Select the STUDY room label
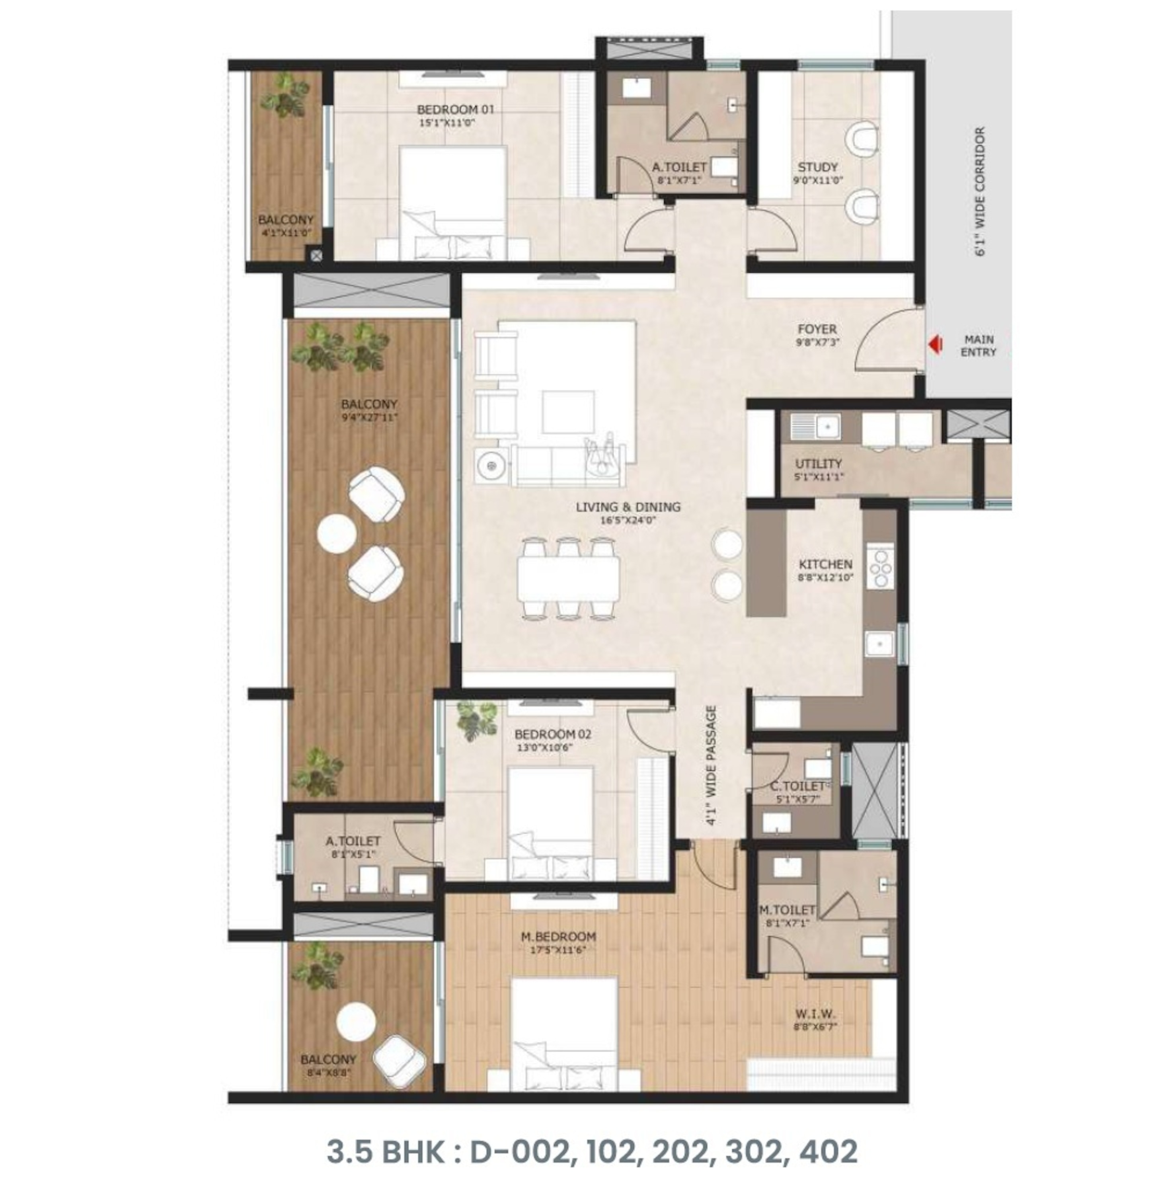coord(817,167)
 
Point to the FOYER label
coord(817,330)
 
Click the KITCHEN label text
coord(825,564)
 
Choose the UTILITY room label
coord(818,464)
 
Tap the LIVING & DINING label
coord(628,507)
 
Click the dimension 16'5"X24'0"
coord(628,520)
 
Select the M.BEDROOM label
coord(558,936)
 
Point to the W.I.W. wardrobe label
coord(815,1014)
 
